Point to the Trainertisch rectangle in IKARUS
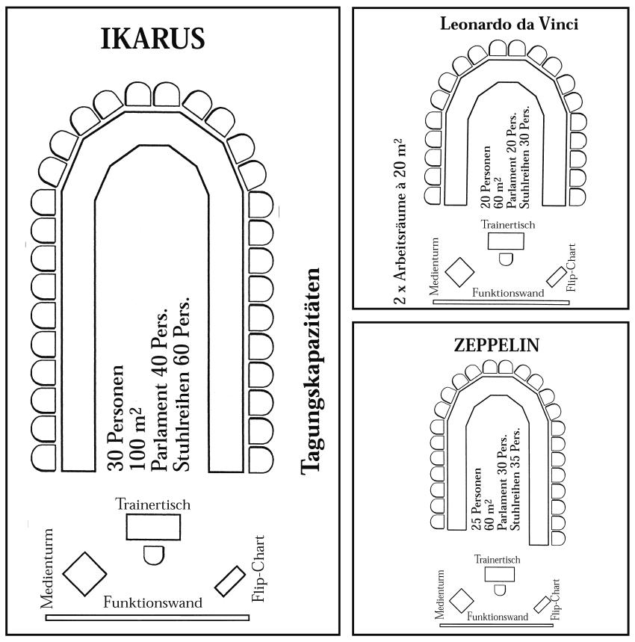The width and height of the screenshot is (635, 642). pos(152,526)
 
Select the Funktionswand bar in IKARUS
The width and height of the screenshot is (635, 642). pos(146,617)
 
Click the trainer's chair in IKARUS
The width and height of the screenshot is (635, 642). pos(152,554)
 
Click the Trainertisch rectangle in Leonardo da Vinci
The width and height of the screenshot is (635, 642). pos(505,240)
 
